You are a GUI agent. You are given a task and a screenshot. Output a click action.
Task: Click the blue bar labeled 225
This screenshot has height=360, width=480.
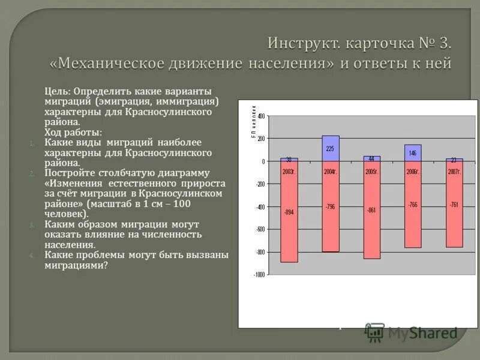tap(331, 148)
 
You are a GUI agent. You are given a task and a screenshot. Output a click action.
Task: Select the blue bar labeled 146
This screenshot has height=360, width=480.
tap(413, 153)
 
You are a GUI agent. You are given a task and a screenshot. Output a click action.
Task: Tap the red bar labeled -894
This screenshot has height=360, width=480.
tap(289, 222)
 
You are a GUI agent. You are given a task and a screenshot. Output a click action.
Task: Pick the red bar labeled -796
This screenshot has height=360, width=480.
tap(331, 216)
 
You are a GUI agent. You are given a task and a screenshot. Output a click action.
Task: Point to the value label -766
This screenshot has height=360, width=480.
tap(413, 205)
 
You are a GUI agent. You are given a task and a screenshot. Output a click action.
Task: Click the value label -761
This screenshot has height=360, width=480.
tap(454, 205)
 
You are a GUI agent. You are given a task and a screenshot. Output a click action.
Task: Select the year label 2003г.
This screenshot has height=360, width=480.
tap(289, 172)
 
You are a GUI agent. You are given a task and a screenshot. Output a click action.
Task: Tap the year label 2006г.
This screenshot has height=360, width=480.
tap(413, 172)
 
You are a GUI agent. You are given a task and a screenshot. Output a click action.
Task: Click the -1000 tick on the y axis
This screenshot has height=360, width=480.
tap(259, 275)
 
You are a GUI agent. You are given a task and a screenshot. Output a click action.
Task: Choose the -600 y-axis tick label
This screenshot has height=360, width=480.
tap(260, 229)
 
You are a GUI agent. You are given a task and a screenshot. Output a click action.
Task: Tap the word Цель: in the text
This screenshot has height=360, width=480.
tap(58, 91)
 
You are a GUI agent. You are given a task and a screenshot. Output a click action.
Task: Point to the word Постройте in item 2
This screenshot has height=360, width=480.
tap(68, 173)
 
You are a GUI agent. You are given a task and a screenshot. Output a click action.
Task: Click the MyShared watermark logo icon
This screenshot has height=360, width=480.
tap(375, 331)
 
